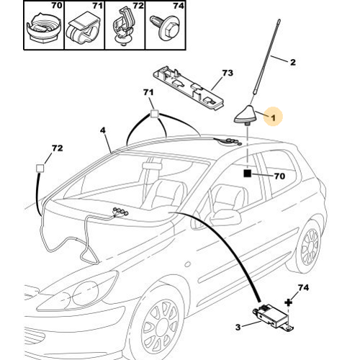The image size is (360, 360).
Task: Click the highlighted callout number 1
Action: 273,117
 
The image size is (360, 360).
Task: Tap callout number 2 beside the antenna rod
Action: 293,62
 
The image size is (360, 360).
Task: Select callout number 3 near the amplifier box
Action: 238,327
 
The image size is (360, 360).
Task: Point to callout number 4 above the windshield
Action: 103,130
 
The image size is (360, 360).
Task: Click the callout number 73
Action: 228,73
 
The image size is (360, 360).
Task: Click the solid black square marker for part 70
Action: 247,174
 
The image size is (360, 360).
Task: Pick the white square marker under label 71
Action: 154,114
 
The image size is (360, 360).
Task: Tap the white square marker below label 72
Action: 40,168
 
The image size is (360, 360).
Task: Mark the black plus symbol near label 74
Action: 289,302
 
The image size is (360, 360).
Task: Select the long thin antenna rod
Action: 266,57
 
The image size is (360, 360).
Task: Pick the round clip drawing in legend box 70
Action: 44,29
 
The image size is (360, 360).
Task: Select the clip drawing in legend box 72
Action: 123,27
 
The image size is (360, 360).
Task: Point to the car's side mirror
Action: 225,217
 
